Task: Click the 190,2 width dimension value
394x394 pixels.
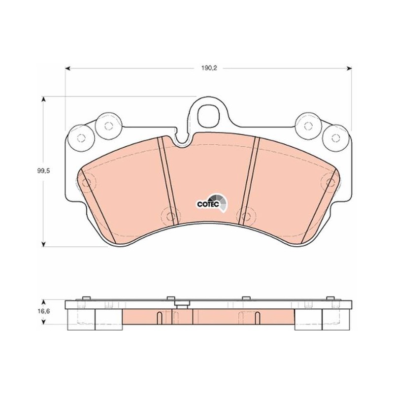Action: click(209, 68)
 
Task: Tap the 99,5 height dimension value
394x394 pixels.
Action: click(44, 171)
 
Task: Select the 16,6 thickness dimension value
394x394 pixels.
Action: click(44, 311)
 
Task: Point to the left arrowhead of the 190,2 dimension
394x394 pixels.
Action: click(67, 68)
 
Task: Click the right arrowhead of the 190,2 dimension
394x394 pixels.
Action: click(349, 68)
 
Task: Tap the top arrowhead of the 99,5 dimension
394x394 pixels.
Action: click(44, 99)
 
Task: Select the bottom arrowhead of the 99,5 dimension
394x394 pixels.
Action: click(44, 244)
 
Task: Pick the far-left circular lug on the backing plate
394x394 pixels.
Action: click(81, 138)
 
